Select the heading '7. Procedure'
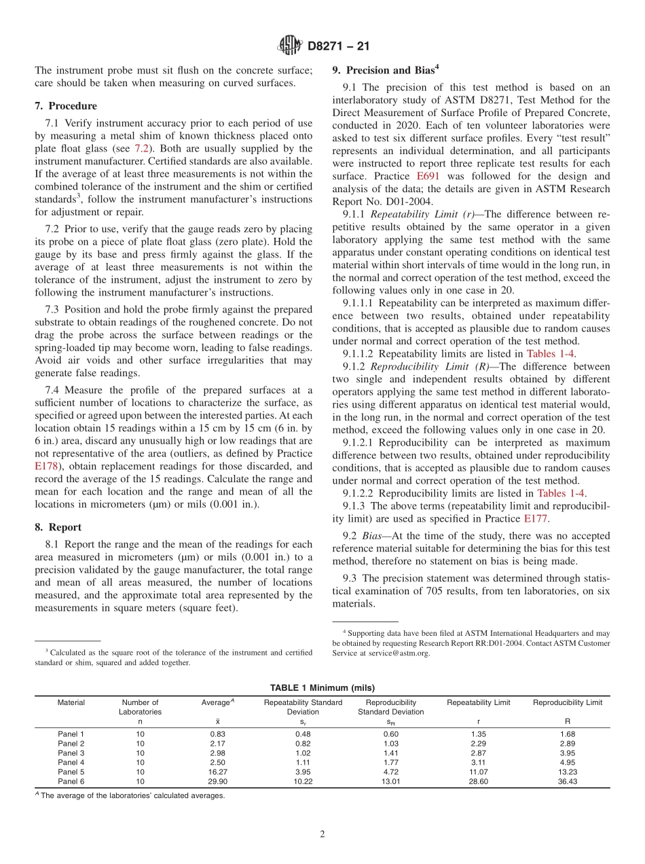[65, 106]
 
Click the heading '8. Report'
[58, 527]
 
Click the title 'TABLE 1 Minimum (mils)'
[322, 687]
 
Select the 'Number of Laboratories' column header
[140, 707]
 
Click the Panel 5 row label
[71, 772]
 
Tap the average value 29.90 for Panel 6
[218, 781]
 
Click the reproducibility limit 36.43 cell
[567, 781]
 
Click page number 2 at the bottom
[322, 834]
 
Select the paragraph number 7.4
[52, 390]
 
